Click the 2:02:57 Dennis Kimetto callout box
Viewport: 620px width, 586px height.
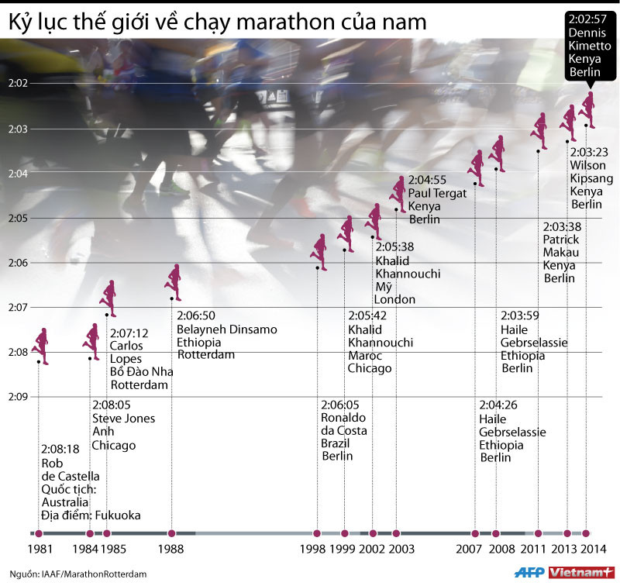[x=591, y=45]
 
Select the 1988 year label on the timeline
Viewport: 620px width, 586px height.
[x=170, y=550]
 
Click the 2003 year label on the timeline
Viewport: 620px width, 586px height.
[x=401, y=550]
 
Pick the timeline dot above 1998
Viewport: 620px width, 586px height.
[x=317, y=533]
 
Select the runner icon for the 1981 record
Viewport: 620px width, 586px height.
[x=41, y=346]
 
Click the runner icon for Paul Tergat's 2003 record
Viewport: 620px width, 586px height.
[x=400, y=194]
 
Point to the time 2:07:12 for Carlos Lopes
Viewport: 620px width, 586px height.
[x=129, y=333]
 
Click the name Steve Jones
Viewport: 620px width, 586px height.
[x=123, y=419]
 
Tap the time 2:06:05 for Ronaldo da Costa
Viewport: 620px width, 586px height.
[x=340, y=405]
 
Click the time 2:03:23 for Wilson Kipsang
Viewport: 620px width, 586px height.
[x=589, y=152]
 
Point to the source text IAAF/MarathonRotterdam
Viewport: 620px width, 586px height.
[x=93, y=574]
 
